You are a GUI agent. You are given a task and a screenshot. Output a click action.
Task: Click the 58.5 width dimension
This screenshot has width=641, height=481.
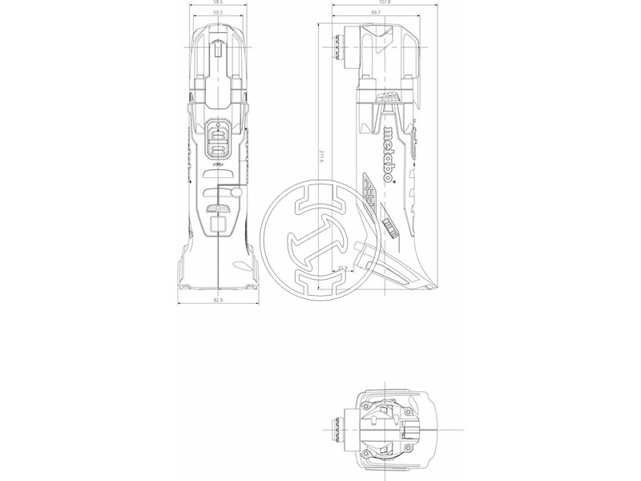[218, 2]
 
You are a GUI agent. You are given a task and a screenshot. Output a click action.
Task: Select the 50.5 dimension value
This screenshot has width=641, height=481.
[218, 13]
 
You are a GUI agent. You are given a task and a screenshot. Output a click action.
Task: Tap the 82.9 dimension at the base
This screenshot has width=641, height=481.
[218, 300]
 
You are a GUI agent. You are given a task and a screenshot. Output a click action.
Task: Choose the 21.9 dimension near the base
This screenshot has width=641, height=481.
[342, 269]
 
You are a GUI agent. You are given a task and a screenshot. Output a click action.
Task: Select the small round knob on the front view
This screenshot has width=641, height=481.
[236, 192]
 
